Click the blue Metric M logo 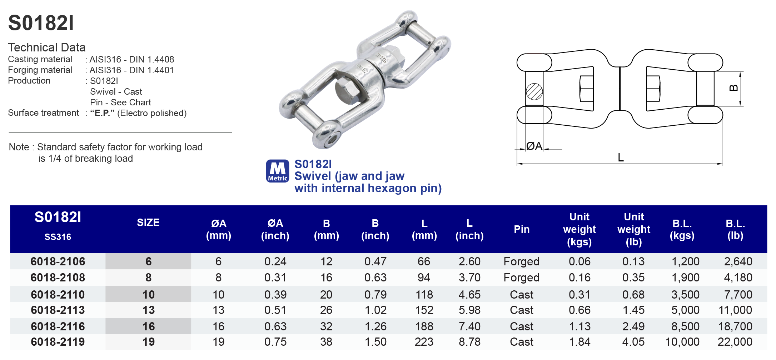tap(278, 171)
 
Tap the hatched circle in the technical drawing tap(534, 91)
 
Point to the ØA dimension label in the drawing tap(534, 146)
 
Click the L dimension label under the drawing tap(621, 157)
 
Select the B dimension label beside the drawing tap(733, 88)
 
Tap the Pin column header tap(521, 229)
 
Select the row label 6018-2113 tap(58, 310)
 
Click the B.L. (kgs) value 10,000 tap(682, 342)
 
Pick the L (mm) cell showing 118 tap(424, 295)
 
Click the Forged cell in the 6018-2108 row tap(521, 277)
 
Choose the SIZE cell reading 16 tap(149, 326)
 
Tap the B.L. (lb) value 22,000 tap(735, 342)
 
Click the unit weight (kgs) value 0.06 tap(579, 261)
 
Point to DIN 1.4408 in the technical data tap(151, 59)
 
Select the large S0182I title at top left tap(41, 23)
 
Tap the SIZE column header tap(148, 222)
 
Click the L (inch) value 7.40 tap(469, 326)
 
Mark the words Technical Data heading tap(47, 47)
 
